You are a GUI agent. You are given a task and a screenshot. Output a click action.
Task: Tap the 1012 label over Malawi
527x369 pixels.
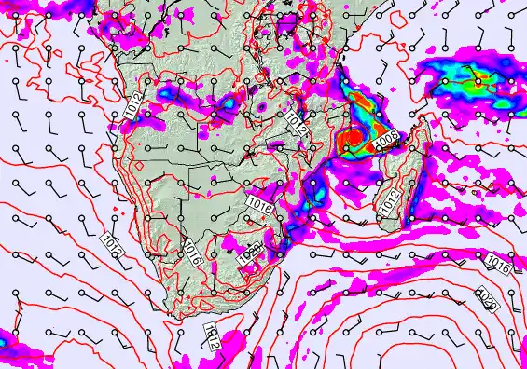298,120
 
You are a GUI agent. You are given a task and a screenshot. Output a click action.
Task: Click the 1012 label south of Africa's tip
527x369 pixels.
212,335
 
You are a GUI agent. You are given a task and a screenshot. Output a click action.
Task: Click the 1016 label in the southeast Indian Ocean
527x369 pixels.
496,266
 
